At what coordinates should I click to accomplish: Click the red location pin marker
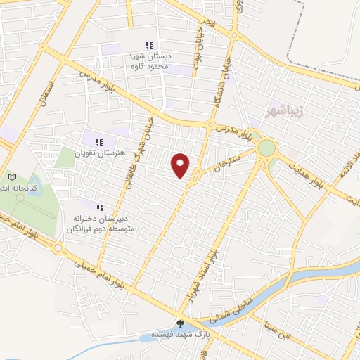181,165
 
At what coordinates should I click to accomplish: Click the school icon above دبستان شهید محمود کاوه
148,44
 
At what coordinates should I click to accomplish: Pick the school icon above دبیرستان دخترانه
99,207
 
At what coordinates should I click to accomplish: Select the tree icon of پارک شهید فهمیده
181,325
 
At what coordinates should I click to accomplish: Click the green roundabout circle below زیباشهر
266,148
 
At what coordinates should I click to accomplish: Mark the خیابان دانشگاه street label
226,83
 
